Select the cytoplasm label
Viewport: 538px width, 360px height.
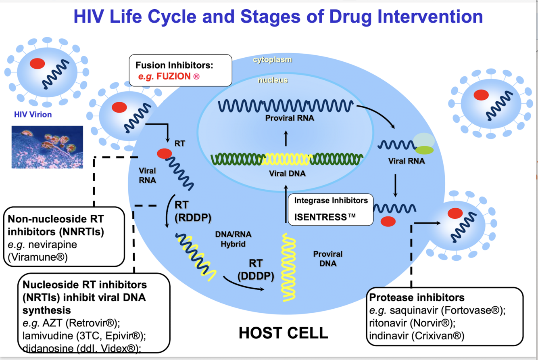pyautogui.click(x=272, y=60)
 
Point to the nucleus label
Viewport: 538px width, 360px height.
pyautogui.click(x=273, y=80)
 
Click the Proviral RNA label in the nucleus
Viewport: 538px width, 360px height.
pyautogui.click(x=290, y=118)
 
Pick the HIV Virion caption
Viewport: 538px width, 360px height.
pyautogui.click(x=33, y=115)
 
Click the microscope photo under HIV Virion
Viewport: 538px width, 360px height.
pyautogui.click(x=47, y=147)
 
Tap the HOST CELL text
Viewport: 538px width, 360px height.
pyautogui.click(x=284, y=333)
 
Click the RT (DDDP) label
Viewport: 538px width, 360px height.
pyautogui.click(x=256, y=270)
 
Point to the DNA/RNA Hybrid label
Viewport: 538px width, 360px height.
pyautogui.click(x=233, y=239)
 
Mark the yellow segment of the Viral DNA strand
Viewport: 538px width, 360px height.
pyautogui.click(x=286, y=159)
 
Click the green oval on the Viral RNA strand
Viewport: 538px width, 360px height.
pyautogui.click(x=424, y=151)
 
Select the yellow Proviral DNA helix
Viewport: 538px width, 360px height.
pyautogui.click(x=289, y=267)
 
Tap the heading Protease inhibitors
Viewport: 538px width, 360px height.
pyautogui.click(x=417, y=298)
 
